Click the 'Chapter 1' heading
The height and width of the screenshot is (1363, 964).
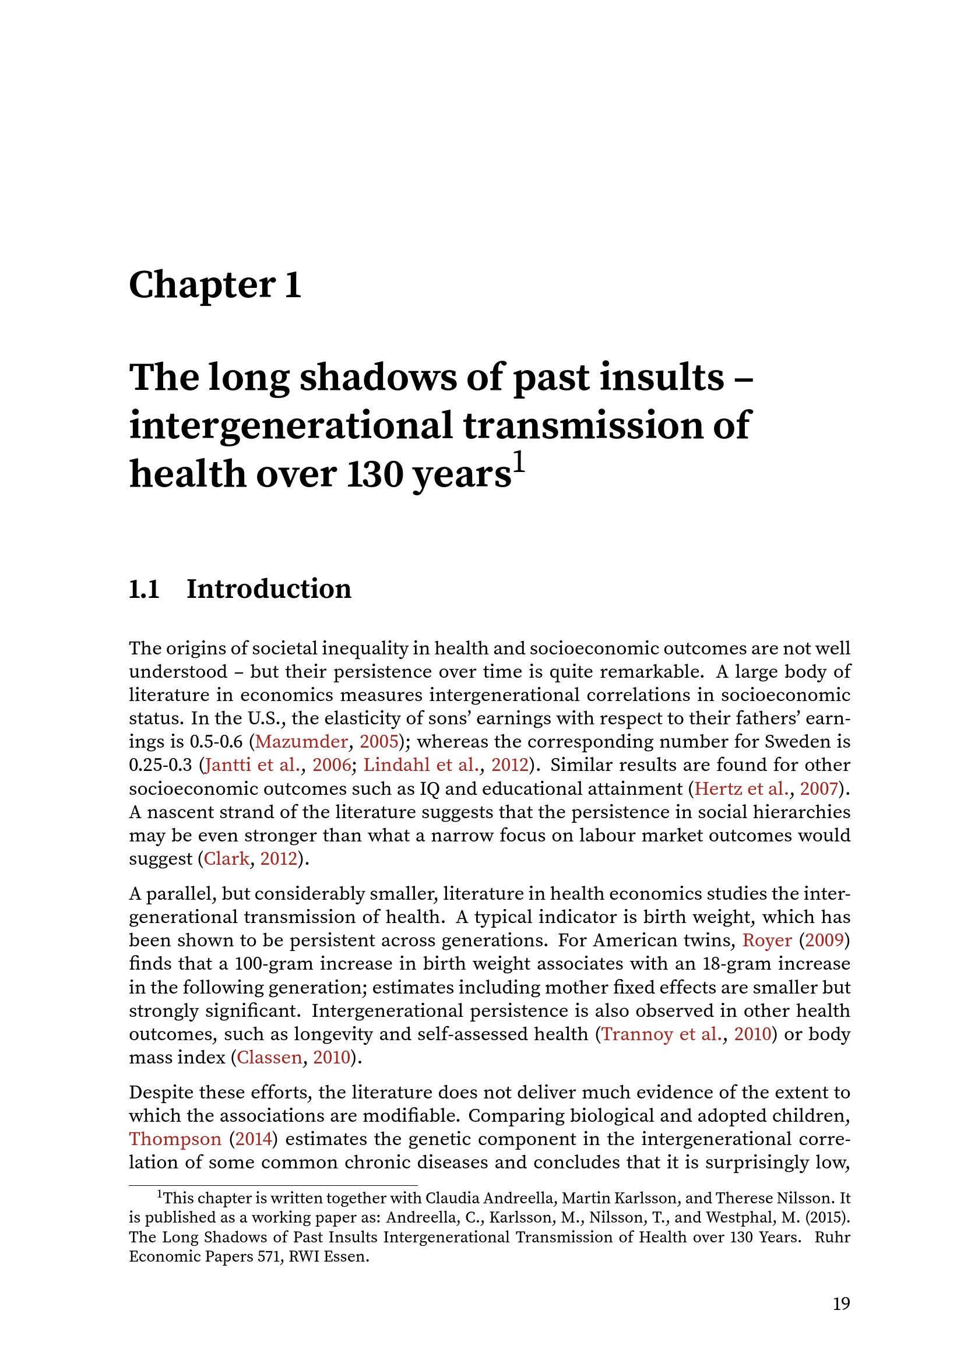tap(215, 285)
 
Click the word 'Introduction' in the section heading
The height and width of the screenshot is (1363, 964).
tap(269, 589)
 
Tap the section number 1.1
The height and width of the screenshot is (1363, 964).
tap(144, 589)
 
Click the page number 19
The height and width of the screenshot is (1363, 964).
tap(841, 1304)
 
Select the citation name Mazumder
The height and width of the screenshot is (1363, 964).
tap(301, 741)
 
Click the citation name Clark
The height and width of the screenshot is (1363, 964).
tap(227, 858)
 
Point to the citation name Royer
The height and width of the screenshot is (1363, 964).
tap(767, 941)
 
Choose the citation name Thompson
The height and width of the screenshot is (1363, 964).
tap(175, 1139)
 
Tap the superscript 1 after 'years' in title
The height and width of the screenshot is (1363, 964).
tap(519, 462)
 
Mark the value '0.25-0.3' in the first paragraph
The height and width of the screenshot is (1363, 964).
tap(160, 765)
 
